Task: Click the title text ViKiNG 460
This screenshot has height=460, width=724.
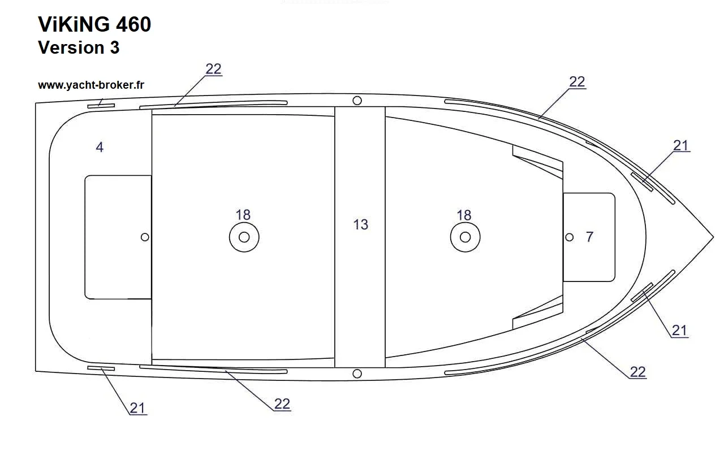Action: (x=94, y=24)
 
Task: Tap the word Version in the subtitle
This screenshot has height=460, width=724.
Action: (x=71, y=47)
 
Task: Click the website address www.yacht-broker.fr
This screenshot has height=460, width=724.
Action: (x=91, y=85)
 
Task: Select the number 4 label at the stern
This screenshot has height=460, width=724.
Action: (x=100, y=147)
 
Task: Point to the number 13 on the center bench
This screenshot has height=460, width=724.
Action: (x=361, y=224)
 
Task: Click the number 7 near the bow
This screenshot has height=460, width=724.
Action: (x=589, y=237)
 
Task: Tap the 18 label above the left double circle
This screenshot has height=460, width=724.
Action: (x=243, y=215)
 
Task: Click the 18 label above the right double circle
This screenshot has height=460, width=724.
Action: (x=464, y=215)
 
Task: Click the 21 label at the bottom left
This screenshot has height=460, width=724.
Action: (x=137, y=409)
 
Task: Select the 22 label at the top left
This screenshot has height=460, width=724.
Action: (x=213, y=69)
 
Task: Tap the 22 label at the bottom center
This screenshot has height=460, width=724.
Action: (x=282, y=404)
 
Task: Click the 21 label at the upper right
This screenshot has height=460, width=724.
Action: (x=680, y=146)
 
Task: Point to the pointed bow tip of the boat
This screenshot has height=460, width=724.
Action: (x=713, y=237)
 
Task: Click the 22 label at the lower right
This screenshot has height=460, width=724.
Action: (x=637, y=372)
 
